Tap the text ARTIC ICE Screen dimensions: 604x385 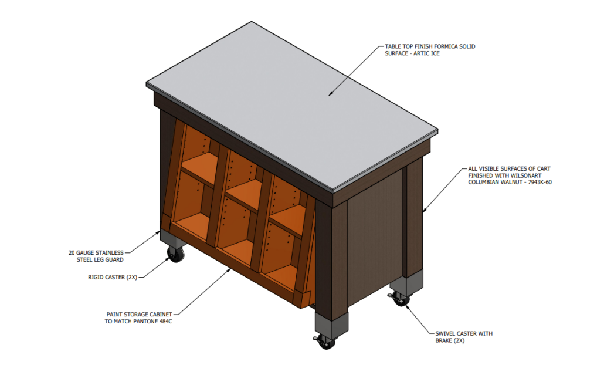pyautogui.click(x=426, y=53)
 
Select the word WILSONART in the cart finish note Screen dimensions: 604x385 pyautogui.click(x=527, y=175)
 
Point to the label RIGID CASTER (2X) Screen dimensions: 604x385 pyautogui.click(x=113, y=277)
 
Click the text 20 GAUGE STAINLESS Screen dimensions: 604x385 pyautogui.click(x=96, y=253)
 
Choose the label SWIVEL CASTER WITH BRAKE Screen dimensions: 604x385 pyautogui.click(x=464, y=337)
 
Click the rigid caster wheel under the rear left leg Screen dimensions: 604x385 pyautogui.click(x=176, y=254)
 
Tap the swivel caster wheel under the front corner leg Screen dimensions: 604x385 pyautogui.click(x=326, y=342)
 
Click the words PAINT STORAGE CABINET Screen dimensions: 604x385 pyautogui.click(x=139, y=315)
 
